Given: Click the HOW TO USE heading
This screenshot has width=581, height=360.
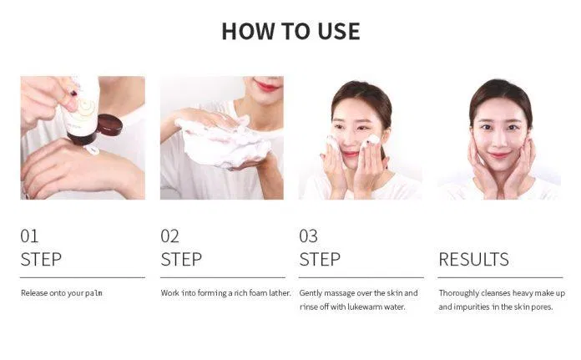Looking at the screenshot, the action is tap(290, 31).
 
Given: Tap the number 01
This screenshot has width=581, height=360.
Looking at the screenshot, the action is tap(29, 236).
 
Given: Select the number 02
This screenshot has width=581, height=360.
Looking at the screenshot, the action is tap(169, 236).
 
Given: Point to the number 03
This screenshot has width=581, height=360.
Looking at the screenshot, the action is tap(308, 236).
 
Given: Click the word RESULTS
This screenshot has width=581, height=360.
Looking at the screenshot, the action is tap(473, 259).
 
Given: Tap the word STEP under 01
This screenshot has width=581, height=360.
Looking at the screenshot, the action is tap(41, 259).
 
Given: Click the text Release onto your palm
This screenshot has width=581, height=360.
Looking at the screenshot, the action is tap(62, 293).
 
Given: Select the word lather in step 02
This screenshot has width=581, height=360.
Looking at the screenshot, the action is tap(280, 293).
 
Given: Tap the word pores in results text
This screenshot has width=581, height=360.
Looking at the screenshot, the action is tap(542, 307).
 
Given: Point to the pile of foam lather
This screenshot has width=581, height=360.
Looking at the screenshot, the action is tap(225, 143).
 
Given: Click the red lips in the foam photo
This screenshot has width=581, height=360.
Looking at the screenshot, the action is tap(267, 86).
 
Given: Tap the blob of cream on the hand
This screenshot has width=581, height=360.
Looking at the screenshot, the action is tap(91, 150).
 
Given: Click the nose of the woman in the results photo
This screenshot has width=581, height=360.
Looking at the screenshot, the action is tap(498, 141).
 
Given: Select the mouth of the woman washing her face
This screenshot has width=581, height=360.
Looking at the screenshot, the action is tap(350, 154).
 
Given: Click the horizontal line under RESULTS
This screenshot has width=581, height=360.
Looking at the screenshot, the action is tap(500, 277).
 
